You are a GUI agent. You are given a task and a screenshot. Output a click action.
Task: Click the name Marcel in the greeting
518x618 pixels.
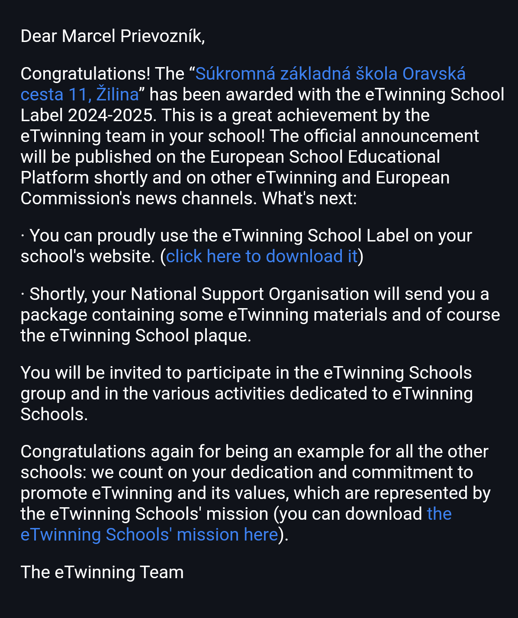(x=88, y=36)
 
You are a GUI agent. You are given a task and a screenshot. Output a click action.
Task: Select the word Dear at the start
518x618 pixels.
(x=39, y=36)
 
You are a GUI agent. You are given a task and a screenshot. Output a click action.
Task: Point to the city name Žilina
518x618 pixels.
(x=117, y=95)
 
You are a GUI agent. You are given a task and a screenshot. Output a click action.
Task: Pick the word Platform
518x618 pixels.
(x=55, y=178)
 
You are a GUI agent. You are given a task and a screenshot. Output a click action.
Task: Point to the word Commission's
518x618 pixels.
(x=75, y=199)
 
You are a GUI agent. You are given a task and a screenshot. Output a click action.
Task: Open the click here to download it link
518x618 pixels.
(x=262, y=257)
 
